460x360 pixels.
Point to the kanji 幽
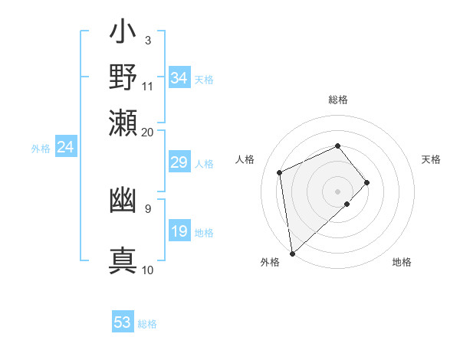(123, 201)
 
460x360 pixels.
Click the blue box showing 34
(179, 78)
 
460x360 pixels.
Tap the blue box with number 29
(179, 162)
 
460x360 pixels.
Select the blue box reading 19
(179, 231)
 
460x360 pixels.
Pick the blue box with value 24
(66, 148)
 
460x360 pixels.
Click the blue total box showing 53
(123, 322)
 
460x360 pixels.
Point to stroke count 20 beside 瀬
(147, 132)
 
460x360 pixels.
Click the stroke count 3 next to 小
(147, 40)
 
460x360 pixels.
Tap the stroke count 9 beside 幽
(147, 208)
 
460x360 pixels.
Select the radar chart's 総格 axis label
(338, 100)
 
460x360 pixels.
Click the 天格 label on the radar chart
(431, 159)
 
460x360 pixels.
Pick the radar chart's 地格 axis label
(402, 263)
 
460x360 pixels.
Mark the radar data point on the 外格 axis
(292, 253)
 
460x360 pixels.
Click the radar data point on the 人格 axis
(280, 172)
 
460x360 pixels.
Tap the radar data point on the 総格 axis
(338, 146)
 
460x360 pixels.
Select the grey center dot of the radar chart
(338, 191)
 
